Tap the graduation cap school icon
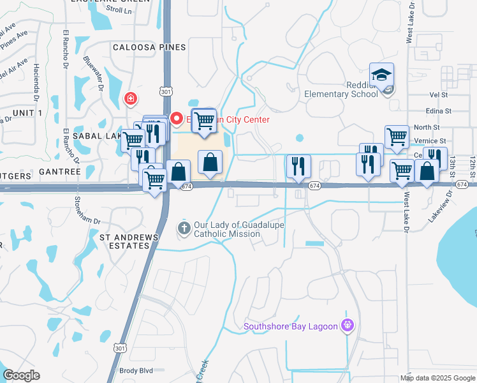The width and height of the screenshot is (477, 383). click(x=381, y=75)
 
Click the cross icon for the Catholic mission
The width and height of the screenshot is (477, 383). click(x=184, y=228)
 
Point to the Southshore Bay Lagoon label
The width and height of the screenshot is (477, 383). click(x=290, y=328)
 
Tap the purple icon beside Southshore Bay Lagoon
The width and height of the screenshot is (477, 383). click(x=348, y=326)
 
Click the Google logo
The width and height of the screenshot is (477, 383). click(x=21, y=375)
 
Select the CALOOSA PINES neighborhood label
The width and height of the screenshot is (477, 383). click(x=149, y=47)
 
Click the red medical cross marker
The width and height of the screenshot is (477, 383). click(x=131, y=98)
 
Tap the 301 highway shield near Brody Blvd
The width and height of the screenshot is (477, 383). click(x=120, y=347)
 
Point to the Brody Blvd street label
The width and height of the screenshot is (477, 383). click(x=136, y=370)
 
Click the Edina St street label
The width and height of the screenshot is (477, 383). click(x=439, y=110)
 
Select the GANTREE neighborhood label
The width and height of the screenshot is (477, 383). click(x=59, y=172)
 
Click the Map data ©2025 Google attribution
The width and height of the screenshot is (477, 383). click(x=438, y=378)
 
